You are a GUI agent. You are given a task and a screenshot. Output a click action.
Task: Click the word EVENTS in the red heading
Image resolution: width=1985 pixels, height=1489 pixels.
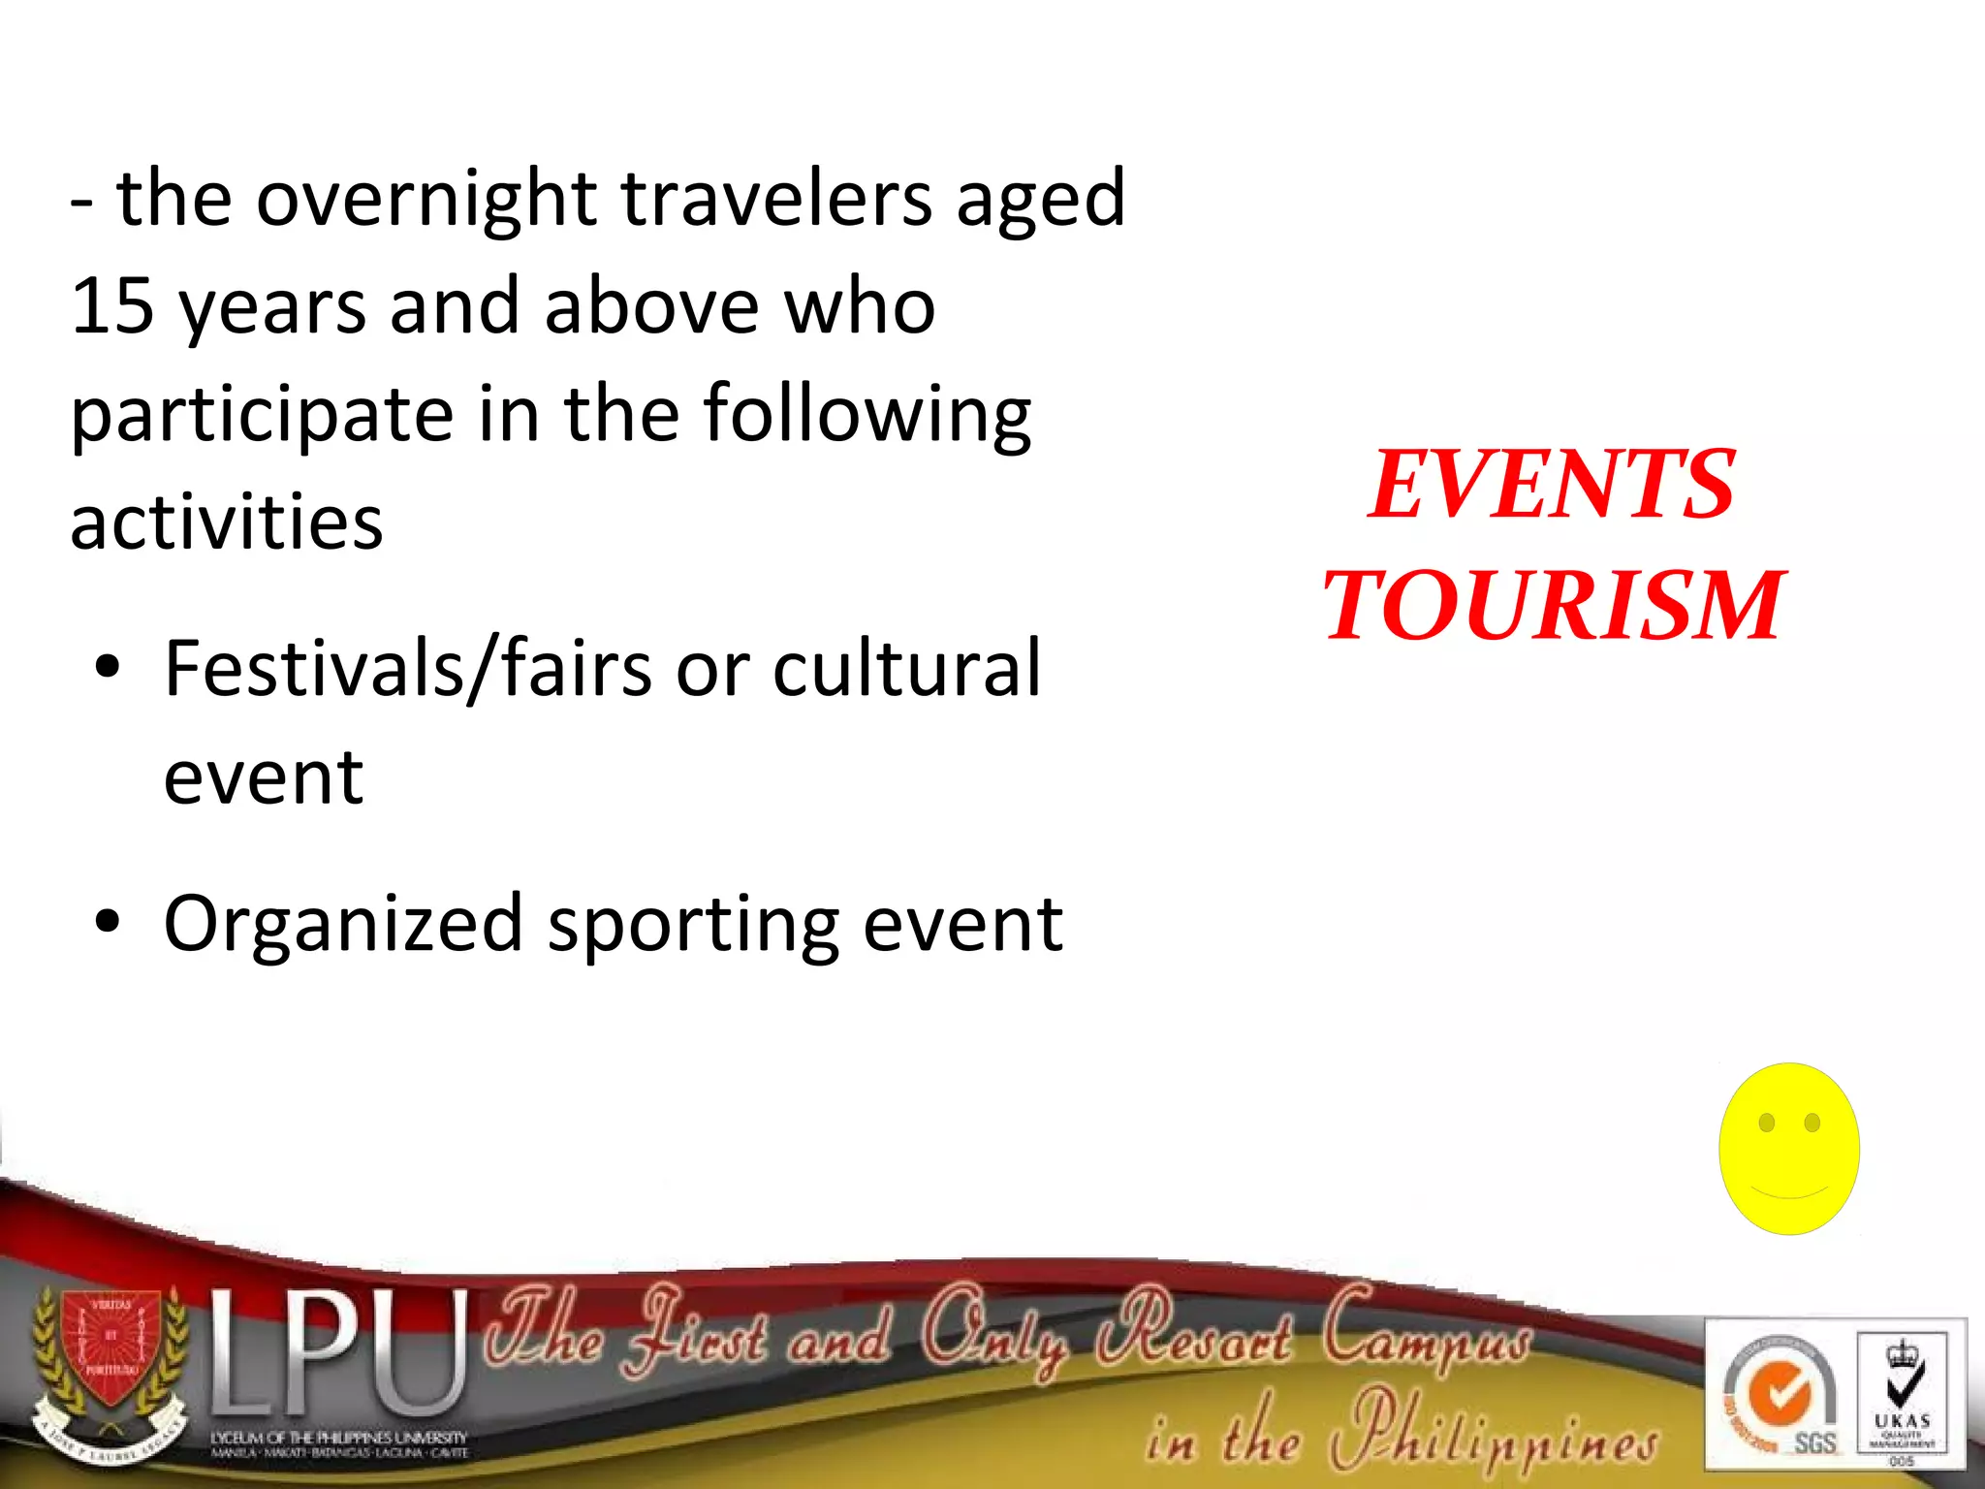[1551, 485]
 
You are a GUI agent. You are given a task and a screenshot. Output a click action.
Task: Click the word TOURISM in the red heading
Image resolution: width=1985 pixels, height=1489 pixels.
[1553, 606]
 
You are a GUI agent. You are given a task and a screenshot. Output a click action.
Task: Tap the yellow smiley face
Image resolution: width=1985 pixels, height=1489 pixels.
[1788, 1149]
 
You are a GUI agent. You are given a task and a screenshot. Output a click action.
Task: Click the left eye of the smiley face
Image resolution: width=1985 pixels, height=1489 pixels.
[1766, 1123]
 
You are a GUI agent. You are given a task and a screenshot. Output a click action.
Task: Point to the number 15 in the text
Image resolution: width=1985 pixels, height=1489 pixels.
[112, 306]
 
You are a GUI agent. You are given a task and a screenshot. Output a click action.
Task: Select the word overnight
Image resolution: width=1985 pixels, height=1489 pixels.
[425, 199]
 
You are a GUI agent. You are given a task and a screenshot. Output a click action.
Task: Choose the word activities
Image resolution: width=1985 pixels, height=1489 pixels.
[227, 523]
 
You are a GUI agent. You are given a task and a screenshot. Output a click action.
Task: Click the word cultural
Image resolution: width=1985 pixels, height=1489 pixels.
[906, 669]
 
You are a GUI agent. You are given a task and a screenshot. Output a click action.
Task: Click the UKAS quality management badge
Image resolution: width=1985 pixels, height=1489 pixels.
[1902, 1396]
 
